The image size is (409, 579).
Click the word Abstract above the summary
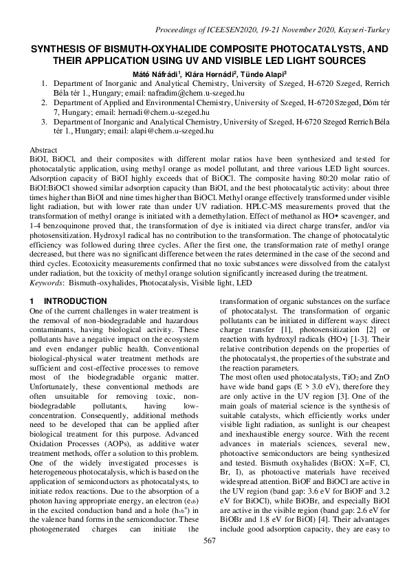45,149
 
